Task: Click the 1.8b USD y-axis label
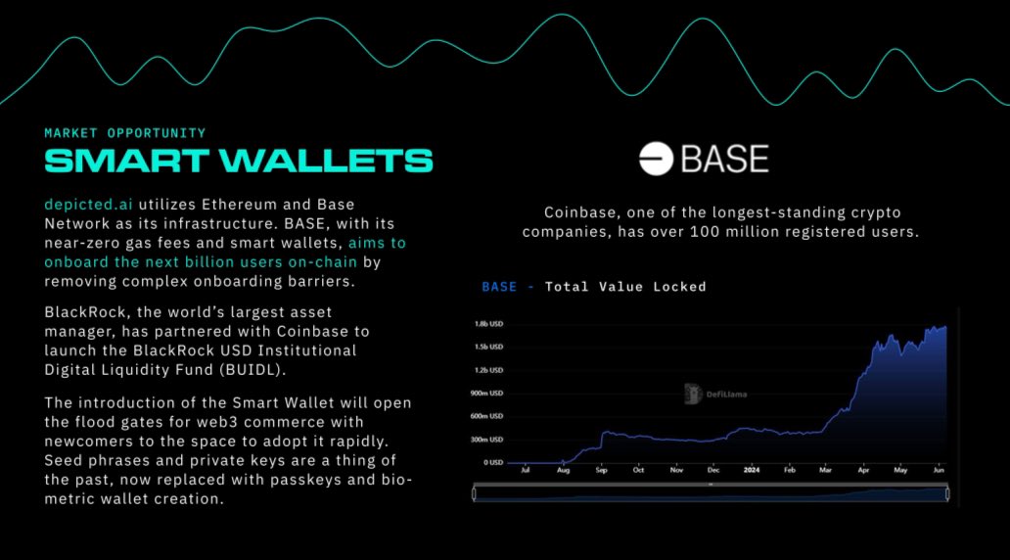coord(488,324)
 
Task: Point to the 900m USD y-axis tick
coord(486,394)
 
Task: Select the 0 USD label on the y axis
coord(492,462)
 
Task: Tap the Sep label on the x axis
coord(600,471)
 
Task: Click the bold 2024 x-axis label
coord(752,471)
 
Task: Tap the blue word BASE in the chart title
coord(498,287)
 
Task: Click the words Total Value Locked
coord(625,287)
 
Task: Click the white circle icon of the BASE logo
coord(657,159)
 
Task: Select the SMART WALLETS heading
coord(239,161)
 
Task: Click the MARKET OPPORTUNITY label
coord(125,132)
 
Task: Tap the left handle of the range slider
coord(476,494)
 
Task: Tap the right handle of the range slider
coord(947,494)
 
